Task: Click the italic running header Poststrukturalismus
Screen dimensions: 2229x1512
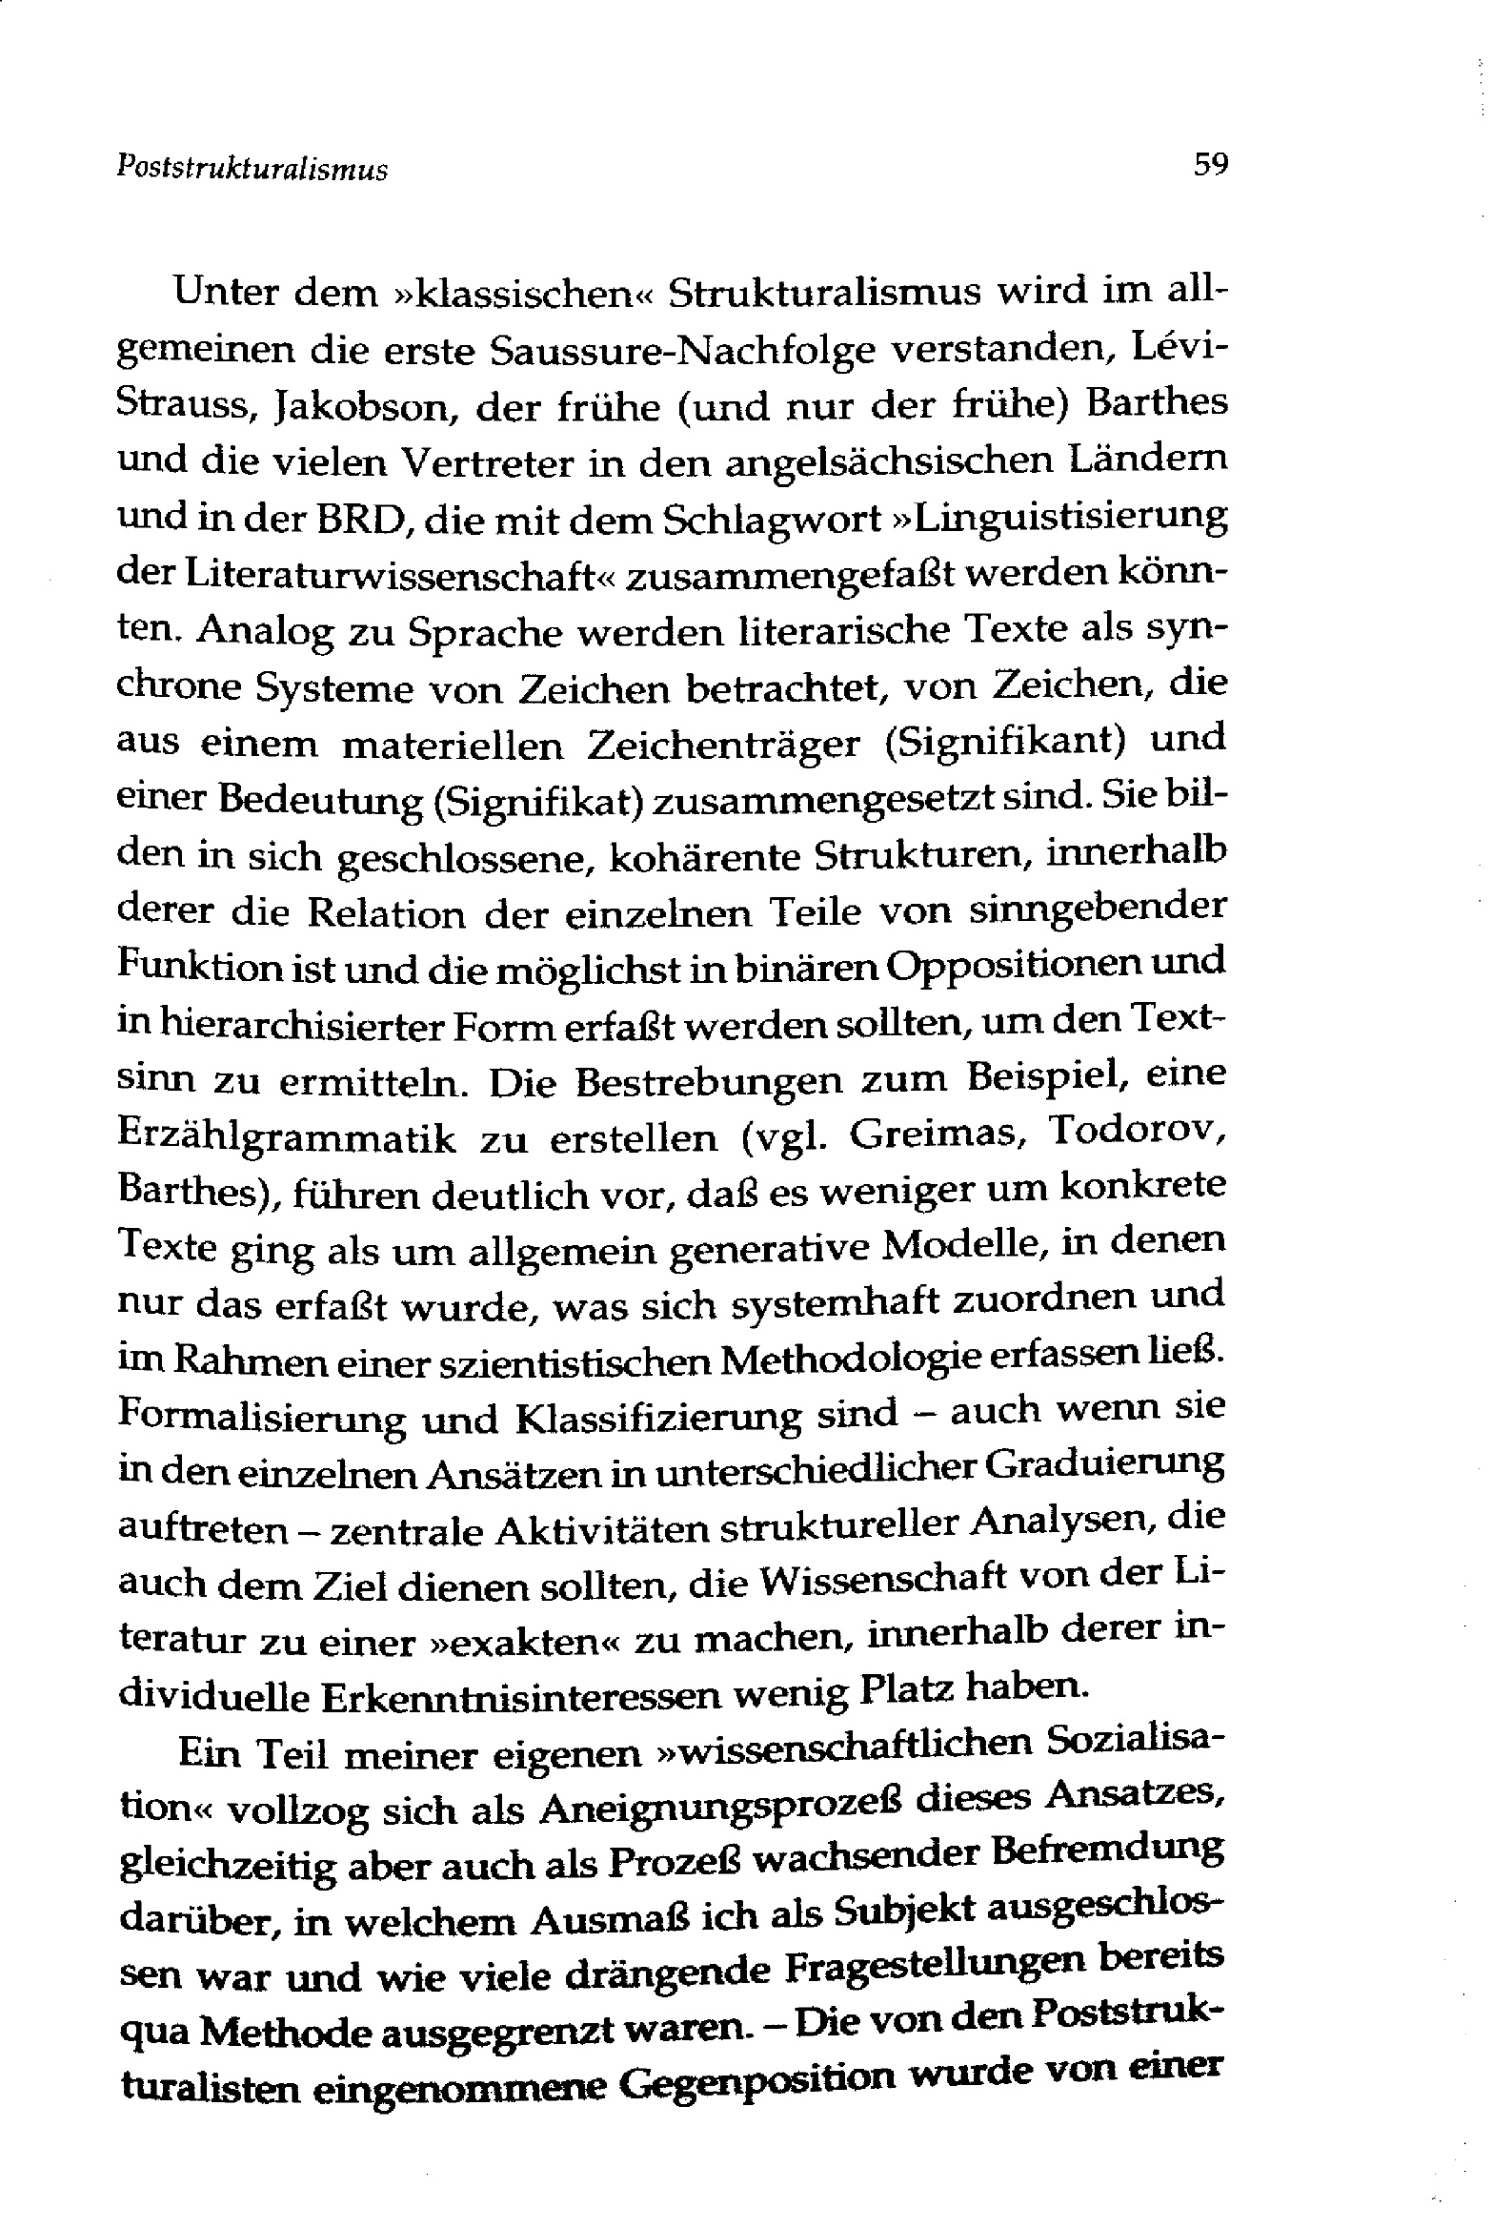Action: tap(252, 170)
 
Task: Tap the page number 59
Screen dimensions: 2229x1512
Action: tap(1210, 164)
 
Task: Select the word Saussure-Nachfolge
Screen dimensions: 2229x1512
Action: tap(682, 351)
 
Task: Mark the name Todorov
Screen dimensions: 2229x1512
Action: tap(1138, 1132)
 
